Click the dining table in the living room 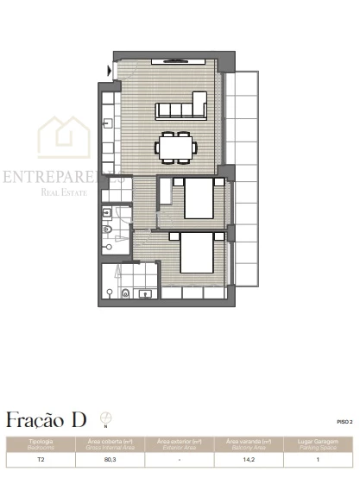tap(176, 147)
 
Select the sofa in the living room tap(180, 110)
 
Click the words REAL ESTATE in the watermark tap(65, 192)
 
